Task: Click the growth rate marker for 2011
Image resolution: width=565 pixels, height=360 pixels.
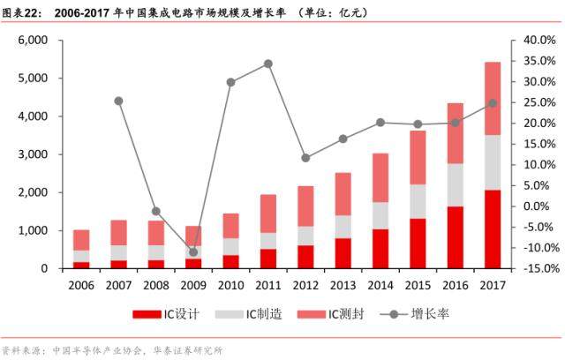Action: (268, 64)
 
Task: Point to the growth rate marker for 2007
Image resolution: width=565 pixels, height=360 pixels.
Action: (118, 101)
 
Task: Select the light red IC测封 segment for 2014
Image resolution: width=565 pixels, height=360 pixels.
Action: (380, 177)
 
